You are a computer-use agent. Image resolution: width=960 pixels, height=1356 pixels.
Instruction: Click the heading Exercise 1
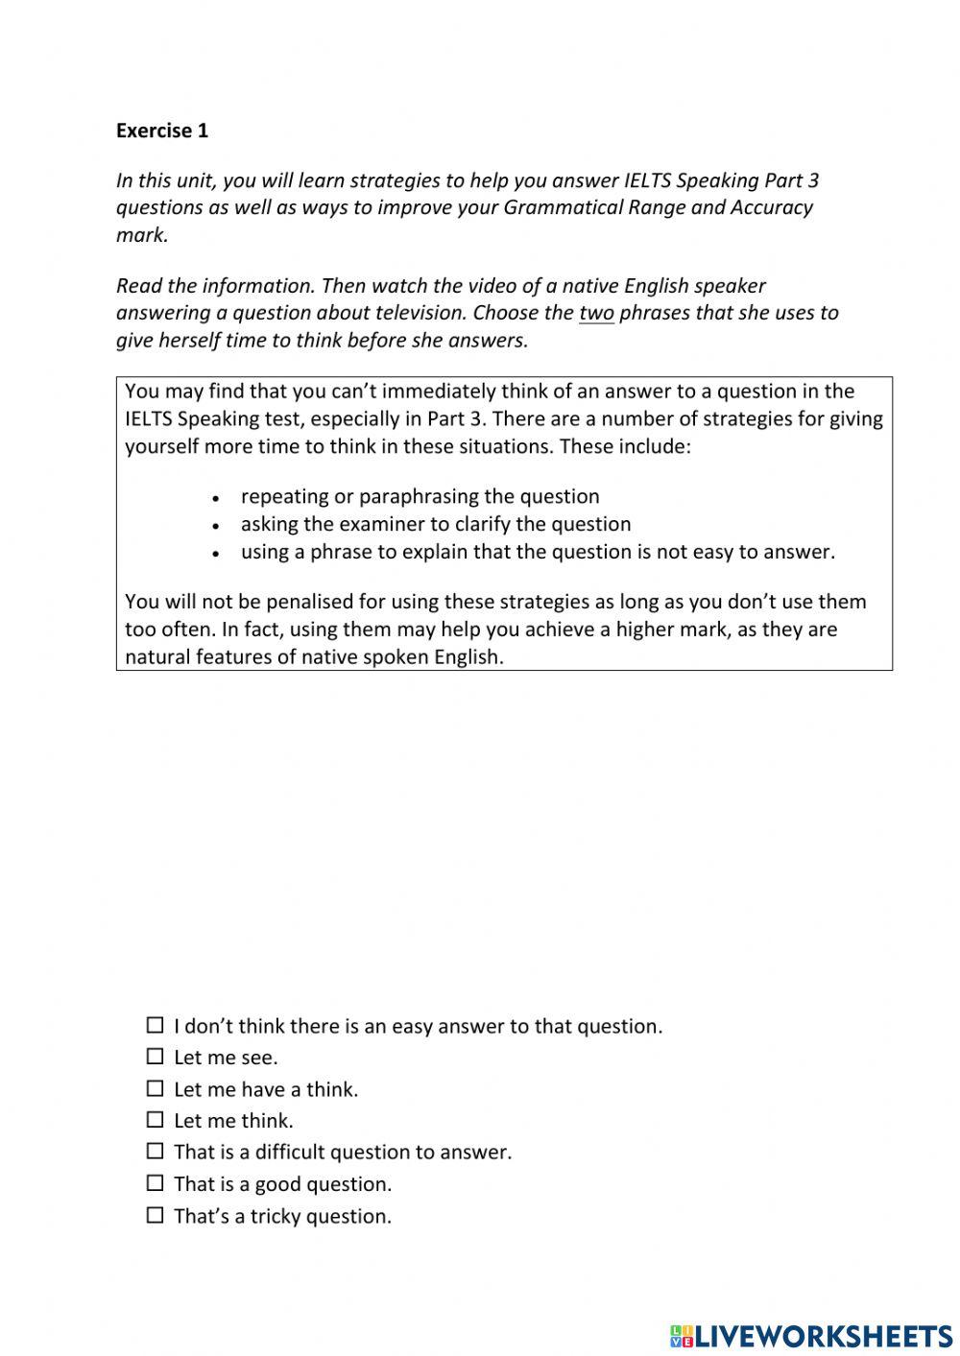coord(161,131)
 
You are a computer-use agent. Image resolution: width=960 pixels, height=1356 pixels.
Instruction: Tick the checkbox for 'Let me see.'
coord(155,1057)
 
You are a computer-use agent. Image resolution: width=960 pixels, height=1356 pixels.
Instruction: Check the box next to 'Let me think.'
coord(155,1120)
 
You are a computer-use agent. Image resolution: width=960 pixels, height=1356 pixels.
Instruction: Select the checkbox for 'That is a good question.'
coord(155,1183)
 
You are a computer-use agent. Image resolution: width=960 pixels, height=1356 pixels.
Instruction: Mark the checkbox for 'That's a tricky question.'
coord(155,1215)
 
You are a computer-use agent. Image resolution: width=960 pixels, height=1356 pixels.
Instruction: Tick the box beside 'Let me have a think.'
coord(155,1088)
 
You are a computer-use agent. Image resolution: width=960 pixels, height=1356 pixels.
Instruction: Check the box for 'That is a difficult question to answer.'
coord(155,1151)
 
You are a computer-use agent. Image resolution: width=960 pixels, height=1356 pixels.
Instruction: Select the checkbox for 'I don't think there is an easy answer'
coord(155,1025)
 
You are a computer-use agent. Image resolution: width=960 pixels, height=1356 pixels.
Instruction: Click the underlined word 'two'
coord(596,313)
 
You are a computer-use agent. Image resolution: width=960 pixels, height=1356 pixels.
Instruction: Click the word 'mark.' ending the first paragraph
coord(142,235)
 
